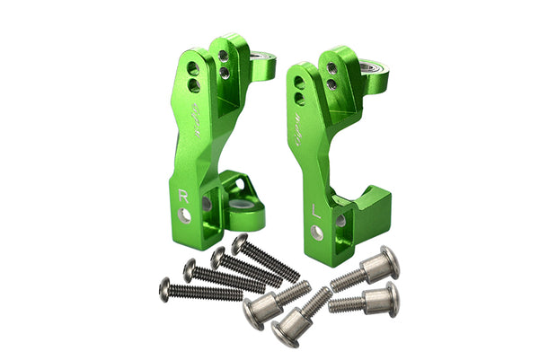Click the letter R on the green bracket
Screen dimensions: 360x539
tap(184, 193)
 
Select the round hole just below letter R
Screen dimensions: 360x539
tap(185, 215)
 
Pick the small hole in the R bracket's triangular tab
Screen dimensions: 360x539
tap(240, 185)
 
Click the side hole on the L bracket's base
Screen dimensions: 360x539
tap(340, 220)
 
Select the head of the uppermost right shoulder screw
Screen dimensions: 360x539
tap(389, 260)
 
